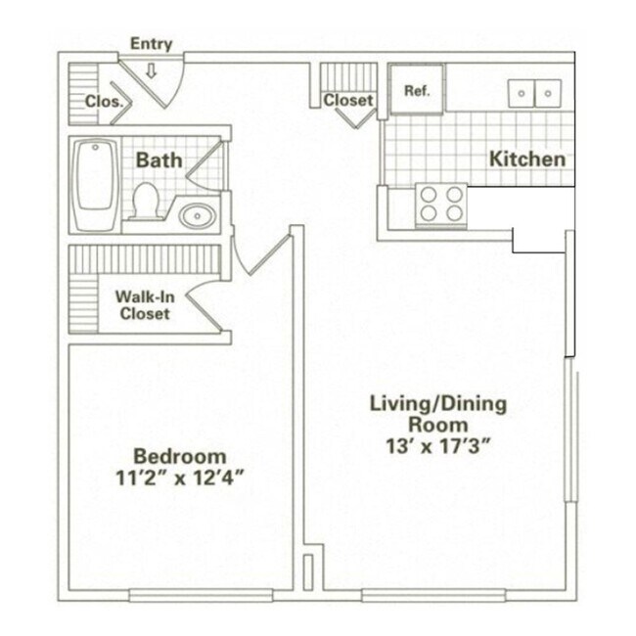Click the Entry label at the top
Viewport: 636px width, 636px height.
(151, 44)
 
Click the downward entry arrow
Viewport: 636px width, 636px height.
(152, 69)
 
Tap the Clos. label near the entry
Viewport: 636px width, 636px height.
(103, 101)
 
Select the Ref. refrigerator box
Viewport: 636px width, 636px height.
(417, 90)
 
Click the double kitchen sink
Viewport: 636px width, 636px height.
(534, 93)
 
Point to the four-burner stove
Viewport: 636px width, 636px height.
(440, 204)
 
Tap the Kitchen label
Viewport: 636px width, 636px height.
(527, 159)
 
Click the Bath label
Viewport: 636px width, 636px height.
(159, 159)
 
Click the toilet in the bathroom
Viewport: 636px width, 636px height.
(147, 200)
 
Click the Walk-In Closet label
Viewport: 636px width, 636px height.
(145, 305)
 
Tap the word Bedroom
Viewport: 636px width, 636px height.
(180, 456)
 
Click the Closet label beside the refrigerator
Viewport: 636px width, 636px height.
(348, 100)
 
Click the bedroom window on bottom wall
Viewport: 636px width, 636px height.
(201, 594)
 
